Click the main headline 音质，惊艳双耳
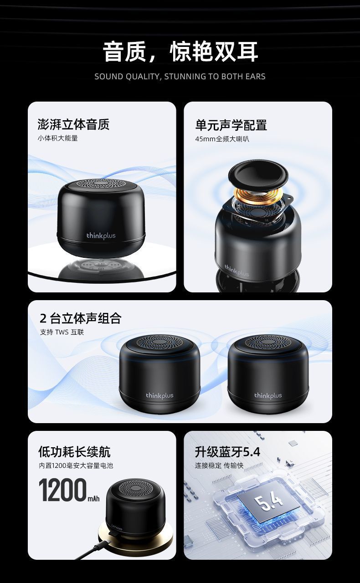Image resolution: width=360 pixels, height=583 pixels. (x=180, y=51)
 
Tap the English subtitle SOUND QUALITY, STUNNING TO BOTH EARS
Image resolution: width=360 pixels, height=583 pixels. (x=180, y=77)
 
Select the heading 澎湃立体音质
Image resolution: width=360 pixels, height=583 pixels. (x=73, y=124)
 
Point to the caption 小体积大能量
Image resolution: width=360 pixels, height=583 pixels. (x=57, y=138)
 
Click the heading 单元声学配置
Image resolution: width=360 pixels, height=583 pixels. (x=231, y=125)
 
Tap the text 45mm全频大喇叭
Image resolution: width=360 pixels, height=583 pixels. (x=222, y=139)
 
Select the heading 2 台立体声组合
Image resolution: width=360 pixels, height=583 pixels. (x=81, y=318)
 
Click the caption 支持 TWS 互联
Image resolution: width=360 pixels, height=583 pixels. (x=62, y=332)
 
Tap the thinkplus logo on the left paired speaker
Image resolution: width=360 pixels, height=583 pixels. (x=159, y=396)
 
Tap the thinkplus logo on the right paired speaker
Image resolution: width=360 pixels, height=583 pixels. (x=268, y=396)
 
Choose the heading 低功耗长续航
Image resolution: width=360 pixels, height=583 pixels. (x=74, y=452)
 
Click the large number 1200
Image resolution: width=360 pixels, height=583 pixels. (x=63, y=490)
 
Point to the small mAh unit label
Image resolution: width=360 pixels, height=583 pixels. (x=93, y=499)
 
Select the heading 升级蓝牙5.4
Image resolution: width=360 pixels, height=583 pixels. (x=227, y=452)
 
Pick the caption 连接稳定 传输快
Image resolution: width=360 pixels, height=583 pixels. (x=219, y=465)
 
